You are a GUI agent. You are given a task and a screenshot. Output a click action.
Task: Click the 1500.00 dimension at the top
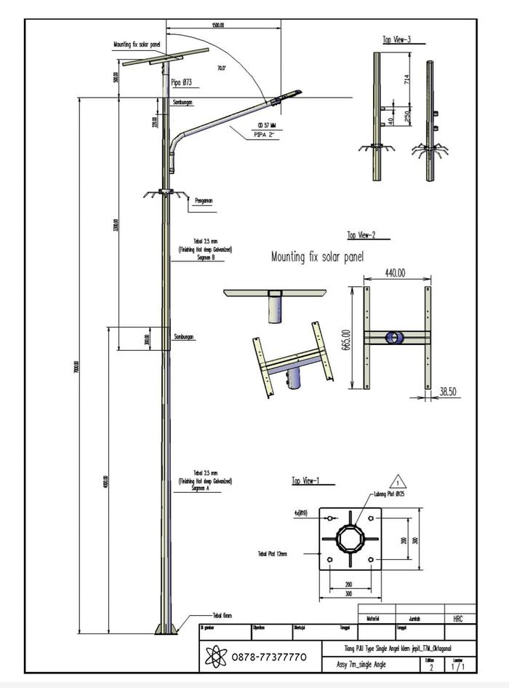[x=217, y=25]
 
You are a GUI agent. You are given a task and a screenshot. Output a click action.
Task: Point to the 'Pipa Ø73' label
[x=182, y=83]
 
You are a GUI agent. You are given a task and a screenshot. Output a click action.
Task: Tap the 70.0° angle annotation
[x=221, y=68]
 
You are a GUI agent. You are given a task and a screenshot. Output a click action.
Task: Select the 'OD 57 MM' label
[x=265, y=126]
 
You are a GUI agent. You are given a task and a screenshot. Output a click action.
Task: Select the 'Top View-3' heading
[x=398, y=39]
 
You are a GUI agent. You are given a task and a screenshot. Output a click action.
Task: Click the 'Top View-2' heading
[x=361, y=235]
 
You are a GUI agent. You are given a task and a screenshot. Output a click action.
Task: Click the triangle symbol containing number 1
[x=397, y=481]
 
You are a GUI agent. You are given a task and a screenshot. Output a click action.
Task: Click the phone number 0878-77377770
[x=269, y=657]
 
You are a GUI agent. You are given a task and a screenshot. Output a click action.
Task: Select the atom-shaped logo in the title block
[x=217, y=657]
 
